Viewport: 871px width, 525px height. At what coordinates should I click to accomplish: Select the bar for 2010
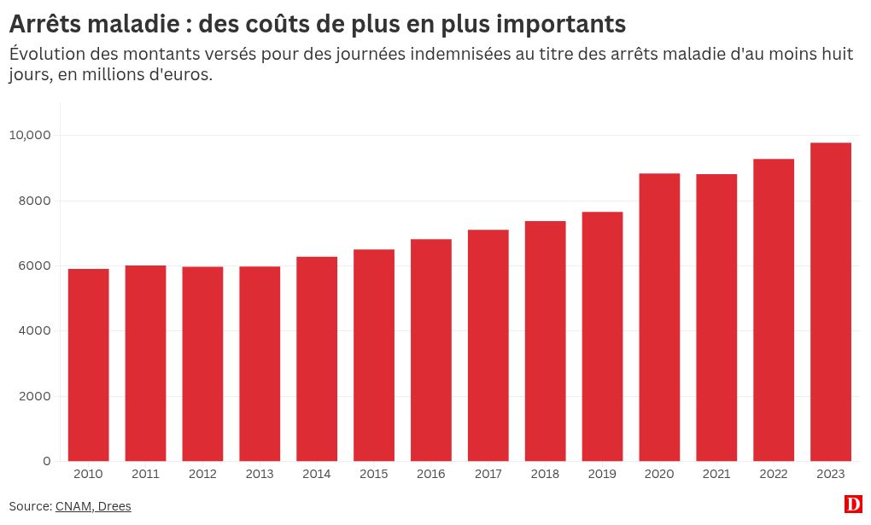pyautogui.click(x=89, y=365)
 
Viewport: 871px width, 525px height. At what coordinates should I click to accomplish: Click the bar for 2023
pyautogui.click(x=831, y=302)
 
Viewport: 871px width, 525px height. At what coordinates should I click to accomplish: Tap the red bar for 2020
pyautogui.click(x=659, y=318)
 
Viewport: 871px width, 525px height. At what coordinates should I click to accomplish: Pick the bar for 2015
pyautogui.click(x=374, y=355)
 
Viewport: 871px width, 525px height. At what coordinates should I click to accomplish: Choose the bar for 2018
pyautogui.click(x=545, y=341)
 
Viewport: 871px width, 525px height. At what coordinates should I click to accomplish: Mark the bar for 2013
pyautogui.click(x=260, y=364)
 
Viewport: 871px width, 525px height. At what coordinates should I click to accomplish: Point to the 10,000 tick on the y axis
pyautogui.click(x=32, y=135)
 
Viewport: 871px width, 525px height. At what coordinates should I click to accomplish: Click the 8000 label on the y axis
pyautogui.click(x=37, y=201)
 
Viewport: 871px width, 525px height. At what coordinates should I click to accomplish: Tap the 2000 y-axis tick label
pyautogui.click(x=37, y=396)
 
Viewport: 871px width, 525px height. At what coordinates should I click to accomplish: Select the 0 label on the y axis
pyautogui.click(x=47, y=461)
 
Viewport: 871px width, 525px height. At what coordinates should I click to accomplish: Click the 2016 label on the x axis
pyautogui.click(x=431, y=475)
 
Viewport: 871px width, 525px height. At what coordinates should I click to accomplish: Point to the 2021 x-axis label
pyautogui.click(x=716, y=475)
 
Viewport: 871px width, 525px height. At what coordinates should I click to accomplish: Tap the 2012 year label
pyautogui.click(x=202, y=475)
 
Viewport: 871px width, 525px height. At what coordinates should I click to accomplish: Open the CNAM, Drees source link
pyautogui.click(x=93, y=506)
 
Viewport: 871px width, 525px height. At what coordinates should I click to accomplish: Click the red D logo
pyautogui.click(x=853, y=505)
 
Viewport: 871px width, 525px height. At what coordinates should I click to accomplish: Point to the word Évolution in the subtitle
pyautogui.click(x=47, y=54)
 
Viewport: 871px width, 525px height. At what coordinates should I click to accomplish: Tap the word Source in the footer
pyautogui.click(x=29, y=506)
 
